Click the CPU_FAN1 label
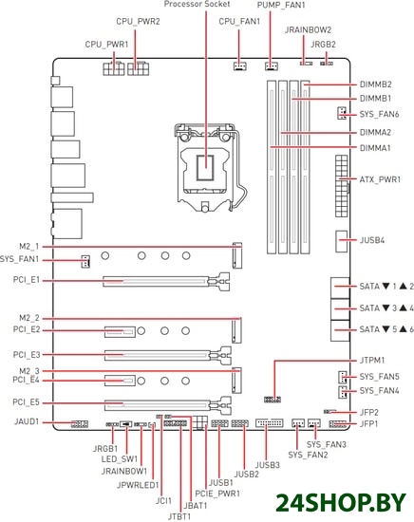239,22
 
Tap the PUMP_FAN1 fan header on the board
272,66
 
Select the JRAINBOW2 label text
308,30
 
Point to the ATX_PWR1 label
380,179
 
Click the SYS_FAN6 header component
341,113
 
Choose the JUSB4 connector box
342,241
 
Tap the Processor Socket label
197,5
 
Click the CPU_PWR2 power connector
138,69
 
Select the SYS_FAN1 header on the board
85,261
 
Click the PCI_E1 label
27,280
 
